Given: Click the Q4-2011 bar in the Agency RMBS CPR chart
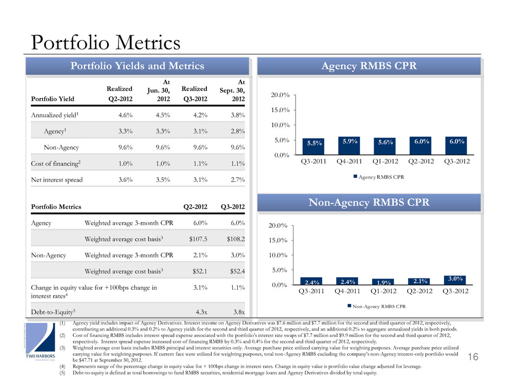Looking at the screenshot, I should [x=349, y=146].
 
